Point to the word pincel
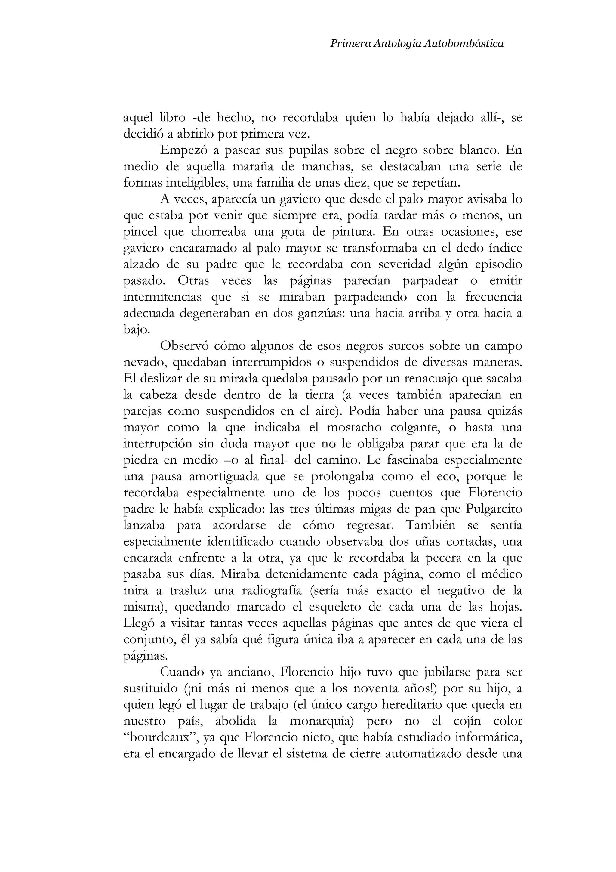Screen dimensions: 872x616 140,232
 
